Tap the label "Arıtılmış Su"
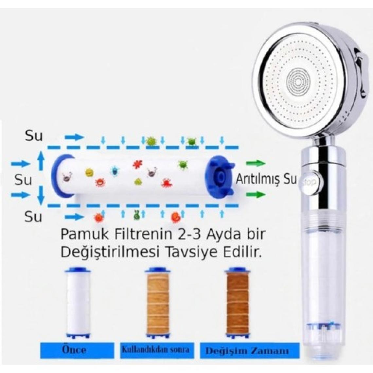click(x=266, y=179)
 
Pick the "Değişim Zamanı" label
click(x=247, y=351)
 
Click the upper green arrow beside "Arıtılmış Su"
click(x=256, y=163)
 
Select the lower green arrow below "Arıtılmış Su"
click(x=256, y=195)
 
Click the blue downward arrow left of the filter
click(x=41, y=194)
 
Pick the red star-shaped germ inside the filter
click(x=137, y=165)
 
